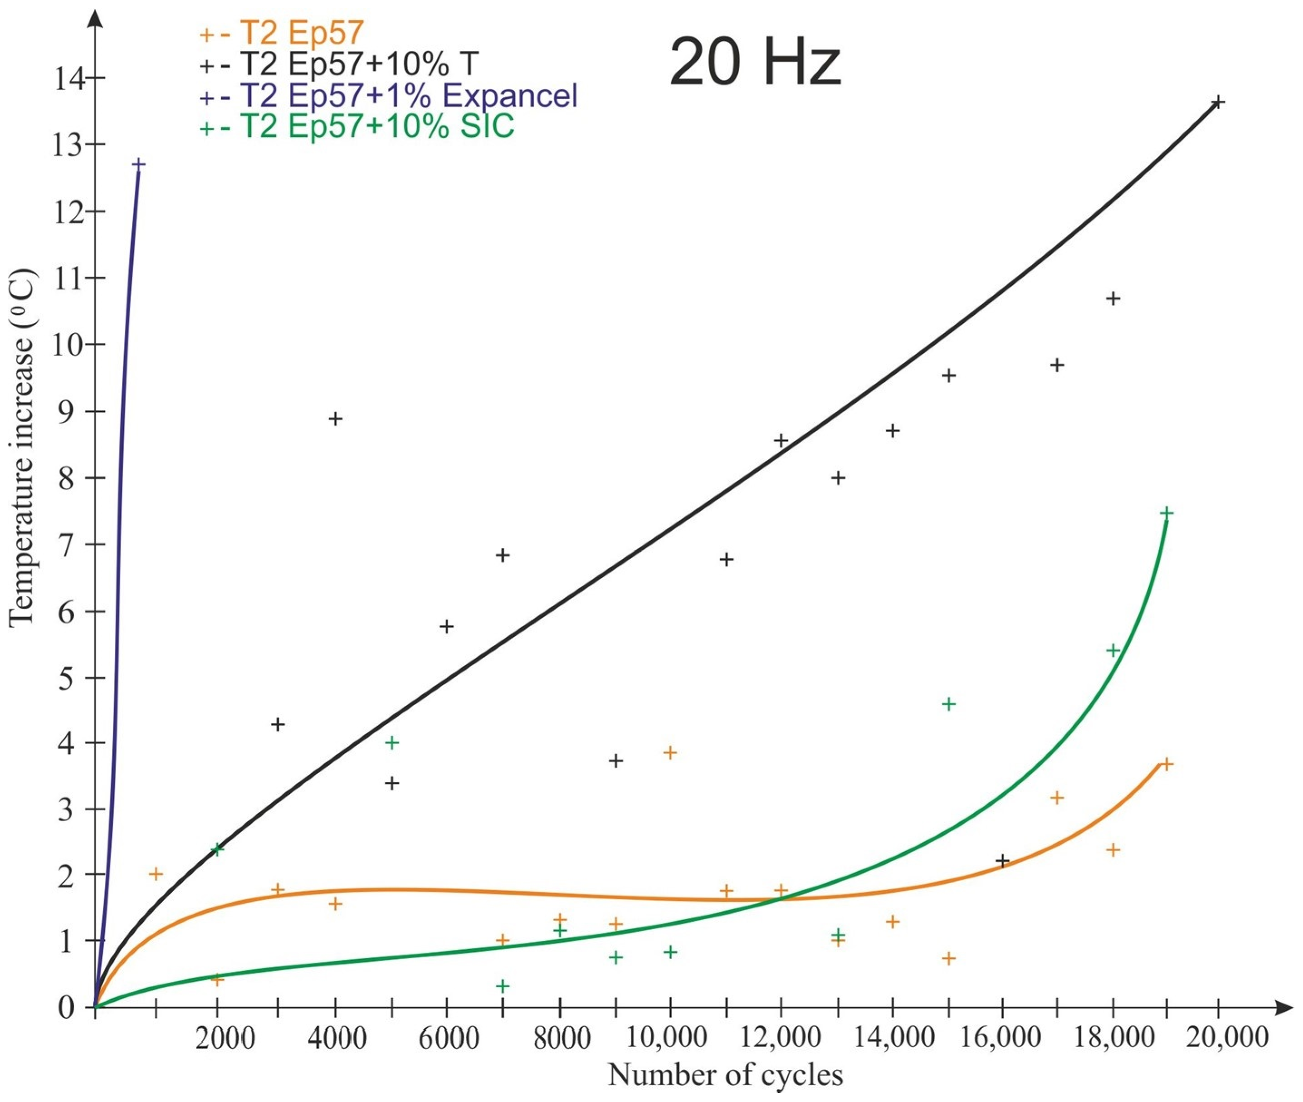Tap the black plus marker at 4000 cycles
pyautogui.click(x=336, y=419)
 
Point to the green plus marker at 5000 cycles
pyautogui.click(x=392, y=743)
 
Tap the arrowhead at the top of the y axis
pyautogui.click(x=95, y=19)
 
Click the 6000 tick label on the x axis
pyautogui.click(x=448, y=1038)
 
